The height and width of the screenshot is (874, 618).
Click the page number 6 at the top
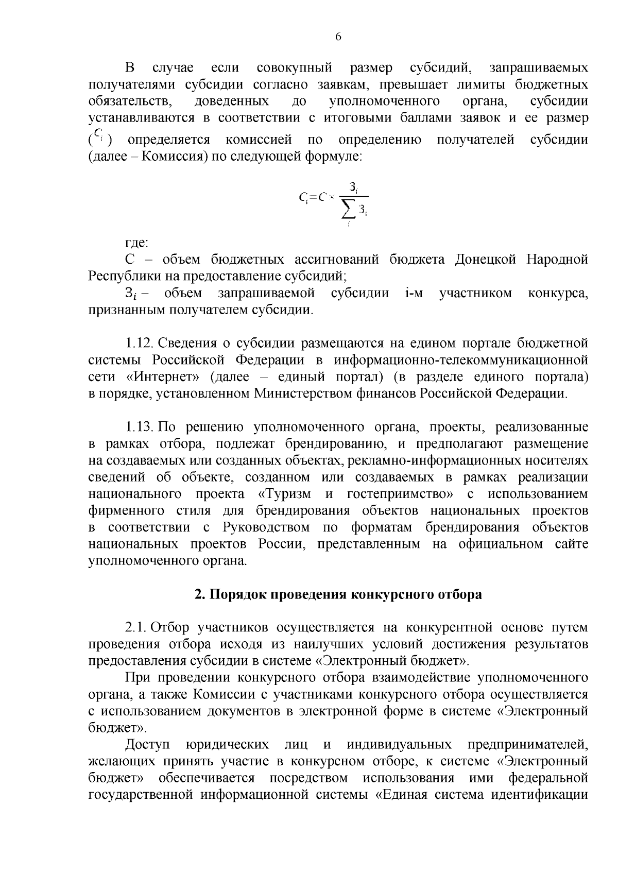click(338, 37)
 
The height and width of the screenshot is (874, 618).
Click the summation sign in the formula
click(349, 210)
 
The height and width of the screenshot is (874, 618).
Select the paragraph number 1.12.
click(139, 344)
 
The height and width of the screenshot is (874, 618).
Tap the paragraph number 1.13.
click(139, 427)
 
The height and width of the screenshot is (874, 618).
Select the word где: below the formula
click(137, 243)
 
